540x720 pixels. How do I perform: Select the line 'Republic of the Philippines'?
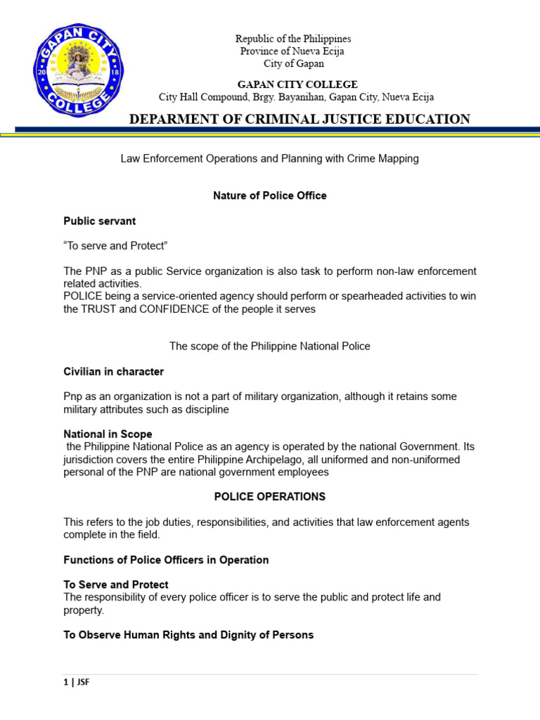pyautogui.click(x=293, y=39)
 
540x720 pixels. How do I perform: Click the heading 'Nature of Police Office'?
pyautogui.click(x=270, y=195)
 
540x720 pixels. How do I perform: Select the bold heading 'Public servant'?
pyautogui.click(x=100, y=221)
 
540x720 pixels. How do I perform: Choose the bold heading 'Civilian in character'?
pyautogui.click(x=113, y=371)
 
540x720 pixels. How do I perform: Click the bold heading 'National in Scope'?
pyautogui.click(x=108, y=434)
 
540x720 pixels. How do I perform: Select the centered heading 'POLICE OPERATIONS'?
pyautogui.click(x=270, y=496)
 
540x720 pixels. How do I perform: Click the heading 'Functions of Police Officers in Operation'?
pyautogui.click(x=166, y=560)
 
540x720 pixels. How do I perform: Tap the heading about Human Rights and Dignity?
pyautogui.click(x=188, y=635)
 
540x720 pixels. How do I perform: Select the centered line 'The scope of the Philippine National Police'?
pyautogui.click(x=270, y=346)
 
